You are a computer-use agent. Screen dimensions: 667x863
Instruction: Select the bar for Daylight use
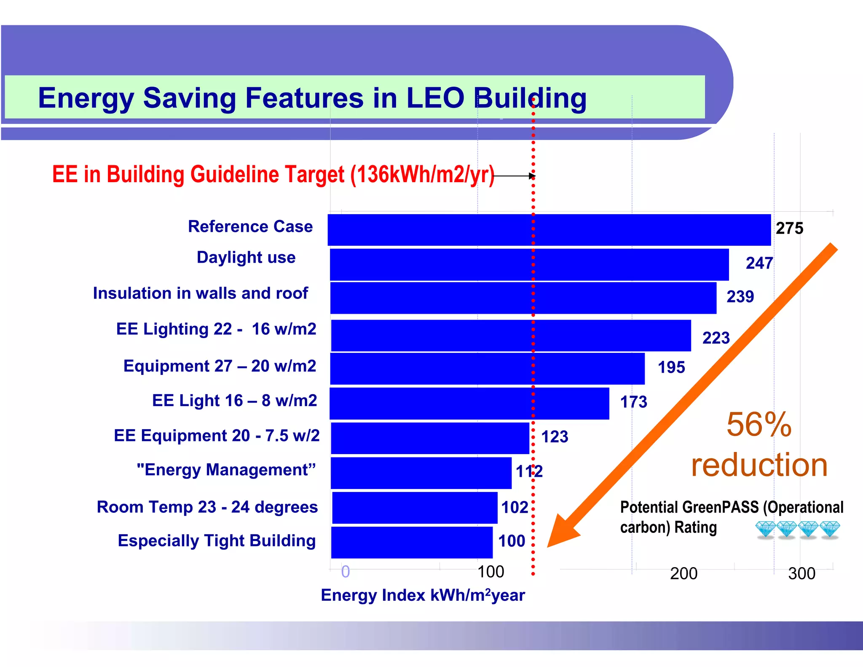pyautogui.click(x=529, y=264)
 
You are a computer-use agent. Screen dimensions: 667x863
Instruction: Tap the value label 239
pyautogui.click(x=740, y=296)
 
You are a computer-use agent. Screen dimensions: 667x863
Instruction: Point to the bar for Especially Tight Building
pyautogui.click(x=412, y=542)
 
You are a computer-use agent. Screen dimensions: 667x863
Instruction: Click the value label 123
pyautogui.click(x=555, y=437)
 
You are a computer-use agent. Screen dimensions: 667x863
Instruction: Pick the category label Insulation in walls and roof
pyautogui.click(x=200, y=293)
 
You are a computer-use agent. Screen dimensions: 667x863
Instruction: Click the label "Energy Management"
pyautogui.click(x=226, y=470)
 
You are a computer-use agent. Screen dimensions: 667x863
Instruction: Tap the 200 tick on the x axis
pyautogui.click(x=683, y=573)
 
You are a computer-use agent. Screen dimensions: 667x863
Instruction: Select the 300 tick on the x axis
pyautogui.click(x=801, y=573)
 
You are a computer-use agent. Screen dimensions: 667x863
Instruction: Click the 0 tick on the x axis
pyautogui.click(x=346, y=572)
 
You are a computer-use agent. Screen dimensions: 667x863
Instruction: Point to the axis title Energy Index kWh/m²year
pyautogui.click(x=423, y=595)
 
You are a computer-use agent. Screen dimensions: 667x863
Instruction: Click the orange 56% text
pyautogui.click(x=759, y=424)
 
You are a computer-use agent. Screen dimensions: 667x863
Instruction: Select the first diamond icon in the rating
pyautogui.click(x=765, y=529)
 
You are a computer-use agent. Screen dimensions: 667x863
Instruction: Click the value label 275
pyautogui.click(x=789, y=228)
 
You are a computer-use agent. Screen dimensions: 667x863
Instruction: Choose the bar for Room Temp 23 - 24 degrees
pyautogui.click(x=415, y=508)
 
